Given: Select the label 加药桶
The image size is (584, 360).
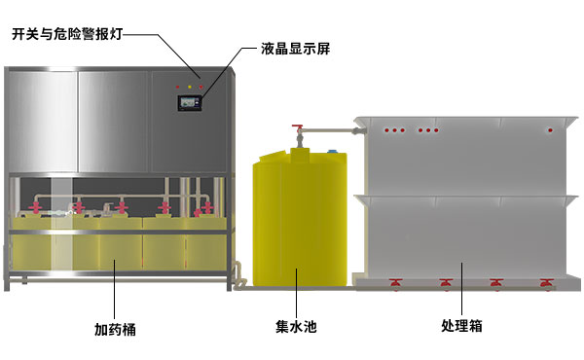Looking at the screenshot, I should (x=115, y=329).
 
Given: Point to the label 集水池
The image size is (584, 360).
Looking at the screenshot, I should (x=294, y=327).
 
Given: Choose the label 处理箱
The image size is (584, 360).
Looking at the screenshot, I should (x=461, y=327).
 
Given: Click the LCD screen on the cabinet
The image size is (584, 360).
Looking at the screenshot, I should (x=189, y=100).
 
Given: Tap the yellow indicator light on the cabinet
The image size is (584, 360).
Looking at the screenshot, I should (x=189, y=87).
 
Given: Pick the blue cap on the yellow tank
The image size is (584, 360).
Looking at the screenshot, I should (x=335, y=151).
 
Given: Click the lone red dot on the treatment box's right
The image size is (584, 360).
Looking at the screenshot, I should (x=551, y=129).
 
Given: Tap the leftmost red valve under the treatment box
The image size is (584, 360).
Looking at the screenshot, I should (x=396, y=283).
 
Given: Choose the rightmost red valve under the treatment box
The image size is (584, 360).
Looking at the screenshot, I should (x=547, y=283).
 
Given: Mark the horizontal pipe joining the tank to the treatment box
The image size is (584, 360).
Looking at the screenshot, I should (x=331, y=127).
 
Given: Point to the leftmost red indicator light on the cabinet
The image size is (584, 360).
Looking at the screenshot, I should (x=177, y=87).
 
